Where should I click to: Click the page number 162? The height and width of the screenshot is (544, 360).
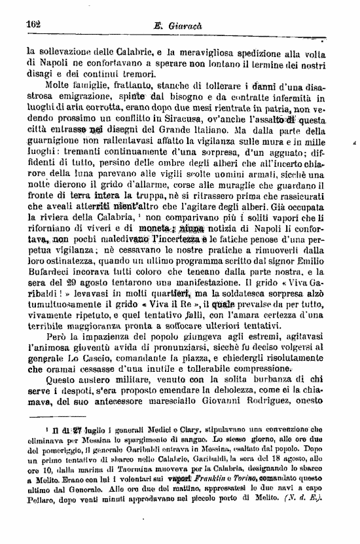[33, 24]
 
